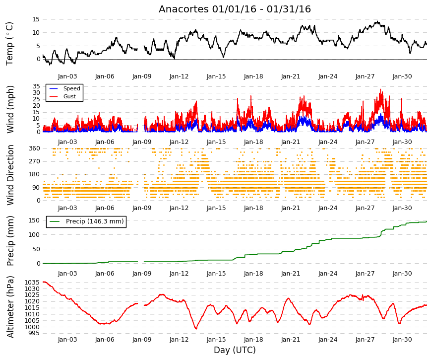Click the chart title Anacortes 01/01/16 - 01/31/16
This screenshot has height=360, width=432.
(235, 9)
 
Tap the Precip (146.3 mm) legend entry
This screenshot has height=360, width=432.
(86, 221)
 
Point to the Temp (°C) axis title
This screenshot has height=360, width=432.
(9, 44)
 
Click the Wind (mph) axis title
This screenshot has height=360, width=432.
(10, 110)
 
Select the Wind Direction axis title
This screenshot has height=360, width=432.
(10, 175)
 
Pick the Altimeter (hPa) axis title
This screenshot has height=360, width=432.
(10, 307)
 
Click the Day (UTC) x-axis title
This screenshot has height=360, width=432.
(235, 350)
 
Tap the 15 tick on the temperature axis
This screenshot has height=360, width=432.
(36, 19)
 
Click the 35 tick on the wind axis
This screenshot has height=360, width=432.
(36, 86)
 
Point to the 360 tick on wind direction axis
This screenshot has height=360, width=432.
(34, 148)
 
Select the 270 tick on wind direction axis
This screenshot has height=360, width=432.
(34, 161)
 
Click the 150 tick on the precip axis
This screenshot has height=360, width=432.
(34, 220)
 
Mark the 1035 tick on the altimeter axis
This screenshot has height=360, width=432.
(32, 283)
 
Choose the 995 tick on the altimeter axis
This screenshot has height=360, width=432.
(34, 334)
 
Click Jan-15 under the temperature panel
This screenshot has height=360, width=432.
(216, 76)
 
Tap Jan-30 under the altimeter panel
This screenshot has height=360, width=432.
(402, 340)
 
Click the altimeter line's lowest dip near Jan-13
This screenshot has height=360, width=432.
(196, 329)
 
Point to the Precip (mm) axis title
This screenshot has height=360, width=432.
(10, 241)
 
